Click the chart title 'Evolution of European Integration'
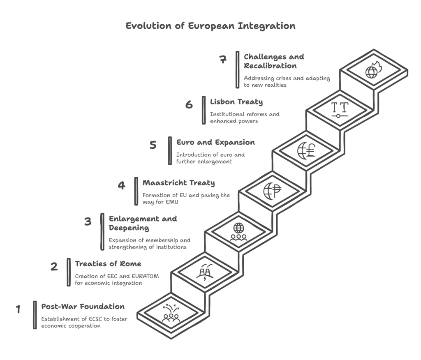coord(210,26)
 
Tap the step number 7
coord(223,59)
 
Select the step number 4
coord(121,185)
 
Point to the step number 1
coord(18,309)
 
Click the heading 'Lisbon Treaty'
coord(236,102)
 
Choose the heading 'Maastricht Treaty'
coord(178,183)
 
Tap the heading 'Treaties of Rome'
coord(108,264)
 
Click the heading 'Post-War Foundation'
coord(83,307)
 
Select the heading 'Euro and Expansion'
coord(215,143)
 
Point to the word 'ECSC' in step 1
coord(95,319)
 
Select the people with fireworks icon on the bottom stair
coord(171,313)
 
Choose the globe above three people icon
coord(239,232)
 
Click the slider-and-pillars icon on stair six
coord(340,110)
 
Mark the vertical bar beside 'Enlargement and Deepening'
coord(102,232)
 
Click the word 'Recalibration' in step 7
coord(270,66)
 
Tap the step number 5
coord(153,145)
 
